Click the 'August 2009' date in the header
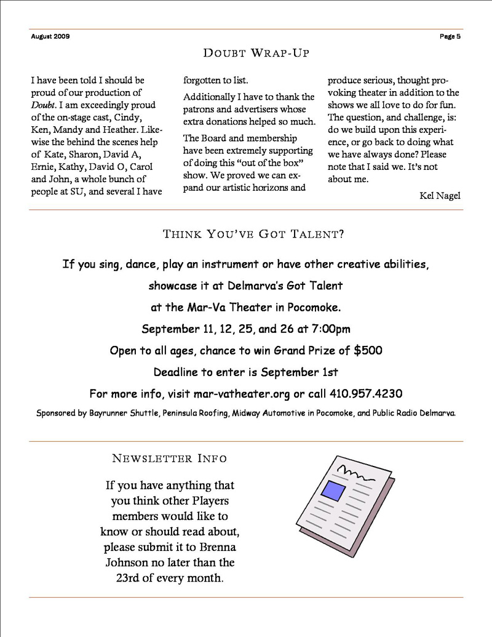point(50,36)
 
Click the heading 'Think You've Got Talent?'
point(253,234)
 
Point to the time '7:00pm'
point(330,329)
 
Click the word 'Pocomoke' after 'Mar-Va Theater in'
point(317,308)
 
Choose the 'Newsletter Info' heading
point(170,459)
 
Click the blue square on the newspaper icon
point(334,491)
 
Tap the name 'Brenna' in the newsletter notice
point(218,547)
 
